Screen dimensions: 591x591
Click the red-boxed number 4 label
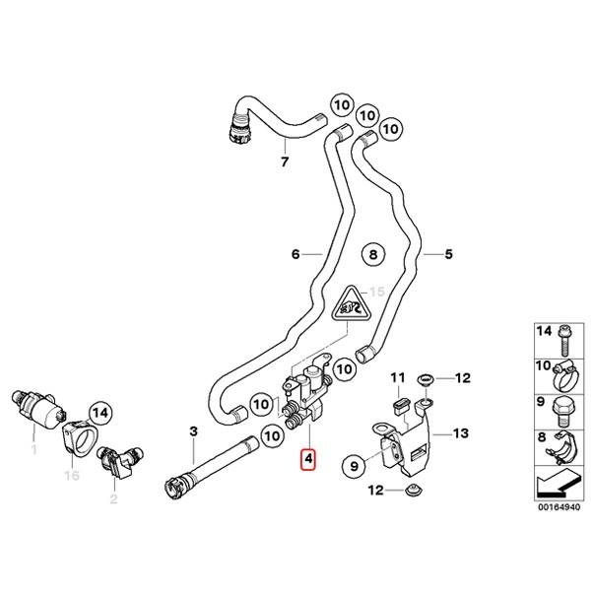pos(309,460)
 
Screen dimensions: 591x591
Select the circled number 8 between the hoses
pos(372,256)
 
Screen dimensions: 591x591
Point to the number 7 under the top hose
pos(285,163)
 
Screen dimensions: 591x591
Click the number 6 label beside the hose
pos(295,254)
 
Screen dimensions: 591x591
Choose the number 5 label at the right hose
pos(448,254)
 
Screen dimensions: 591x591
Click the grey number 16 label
pos(71,476)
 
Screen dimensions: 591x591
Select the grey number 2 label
pos(112,499)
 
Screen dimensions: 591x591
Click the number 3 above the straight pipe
pos(193,430)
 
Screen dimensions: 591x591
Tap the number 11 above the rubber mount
pos(398,377)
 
